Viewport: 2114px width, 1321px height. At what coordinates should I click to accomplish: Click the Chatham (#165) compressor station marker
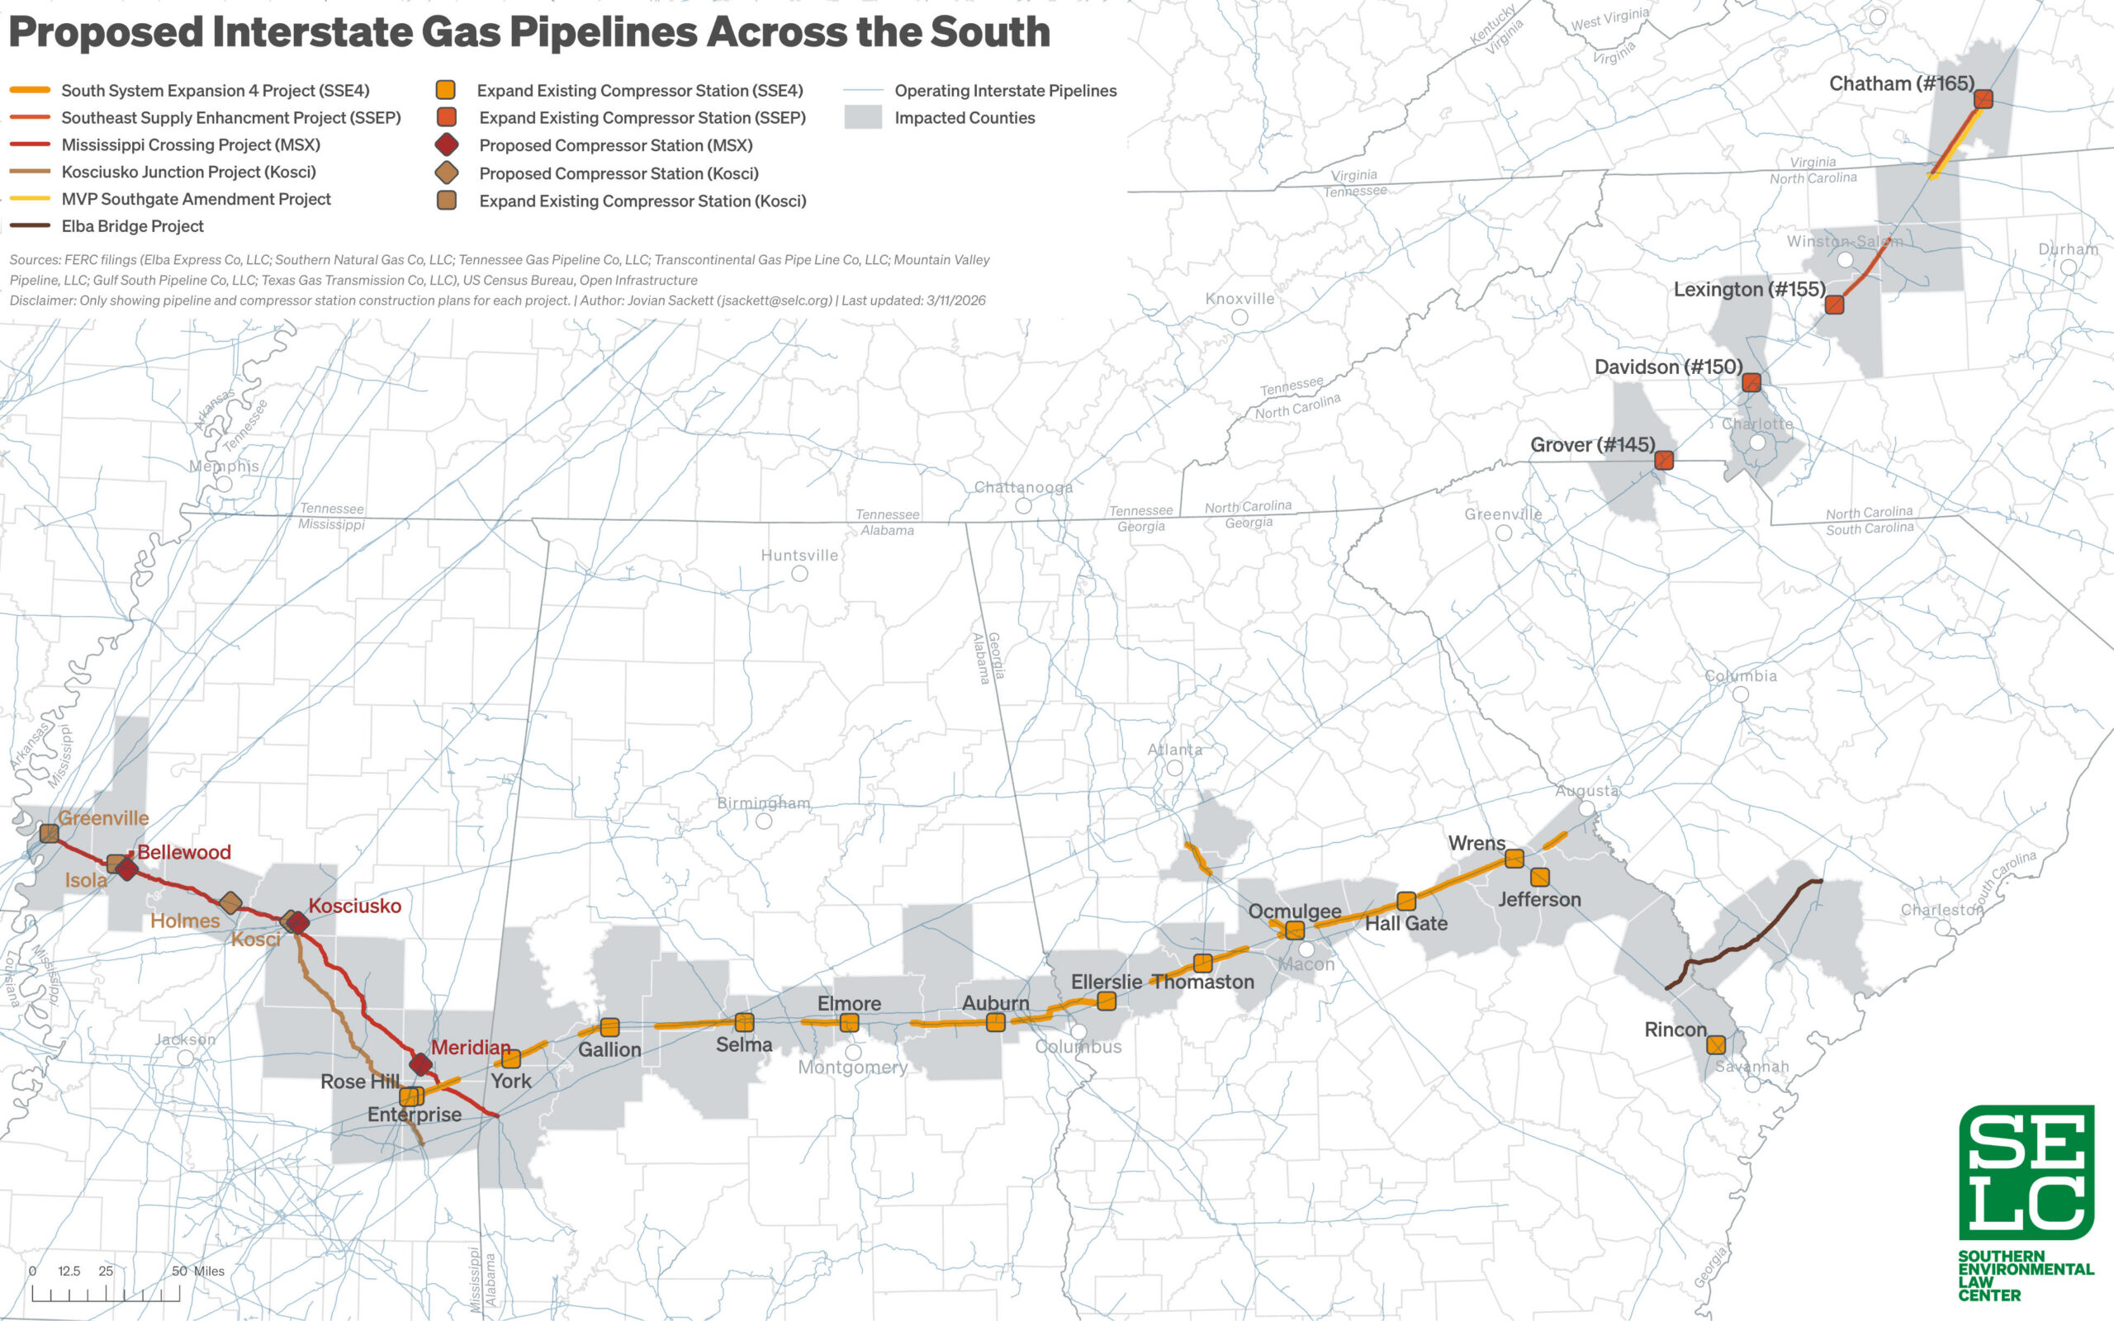(1983, 99)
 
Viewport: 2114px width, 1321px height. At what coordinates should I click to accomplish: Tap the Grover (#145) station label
(1591, 445)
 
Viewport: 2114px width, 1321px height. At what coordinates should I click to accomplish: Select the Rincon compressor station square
(1716, 1045)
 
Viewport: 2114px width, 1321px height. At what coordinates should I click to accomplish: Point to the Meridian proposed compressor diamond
(421, 1064)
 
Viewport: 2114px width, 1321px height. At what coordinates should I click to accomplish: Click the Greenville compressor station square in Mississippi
(50, 834)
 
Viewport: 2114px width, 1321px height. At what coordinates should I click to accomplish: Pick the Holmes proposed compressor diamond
(230, 902)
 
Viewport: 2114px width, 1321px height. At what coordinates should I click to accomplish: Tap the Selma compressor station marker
(744, 1022)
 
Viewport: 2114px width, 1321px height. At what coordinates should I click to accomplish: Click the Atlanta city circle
(1175, 768)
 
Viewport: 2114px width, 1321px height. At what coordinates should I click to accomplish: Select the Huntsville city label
(799, 556)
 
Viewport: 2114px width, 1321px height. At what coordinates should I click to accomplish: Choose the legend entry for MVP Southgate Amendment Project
(196, 199)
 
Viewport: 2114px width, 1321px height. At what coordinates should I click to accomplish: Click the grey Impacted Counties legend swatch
(862, 117)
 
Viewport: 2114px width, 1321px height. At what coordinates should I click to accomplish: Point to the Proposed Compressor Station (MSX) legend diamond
(447, 145)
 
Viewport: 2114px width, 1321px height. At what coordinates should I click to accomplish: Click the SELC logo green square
(2026, 1172)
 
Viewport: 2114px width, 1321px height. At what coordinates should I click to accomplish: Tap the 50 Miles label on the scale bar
(197, 1271)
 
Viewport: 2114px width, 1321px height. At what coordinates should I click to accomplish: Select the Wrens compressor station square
(1514, 859)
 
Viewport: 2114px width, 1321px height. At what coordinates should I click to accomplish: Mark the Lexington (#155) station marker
(1834, 304)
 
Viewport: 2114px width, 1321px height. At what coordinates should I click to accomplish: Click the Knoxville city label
(1239, 299)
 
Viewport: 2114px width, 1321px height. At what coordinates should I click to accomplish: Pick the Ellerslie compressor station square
(1106, 1001)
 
